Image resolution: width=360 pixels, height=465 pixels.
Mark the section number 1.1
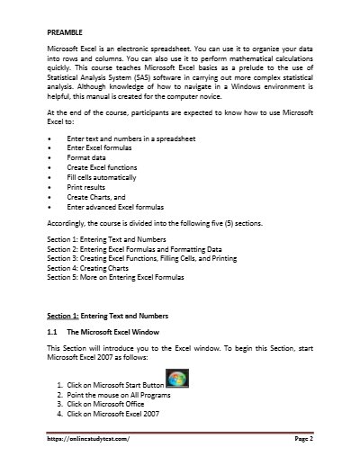pos(52,332)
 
